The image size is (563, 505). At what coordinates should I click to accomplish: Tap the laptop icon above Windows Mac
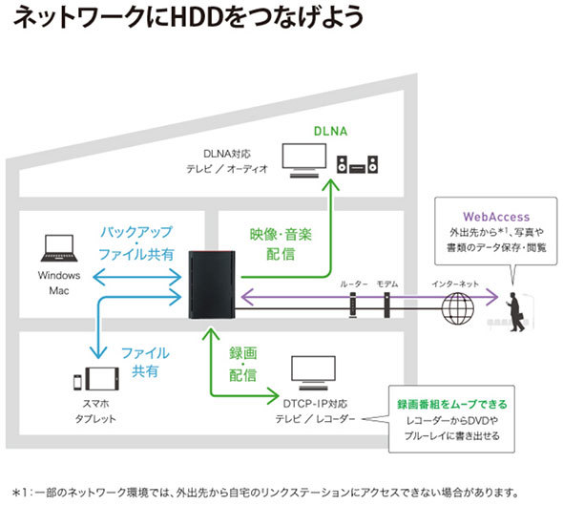click(x=59, y=250)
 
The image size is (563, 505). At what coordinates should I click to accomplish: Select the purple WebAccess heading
click(x=494, y=218)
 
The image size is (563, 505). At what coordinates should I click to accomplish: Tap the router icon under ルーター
click(x=353, y=305)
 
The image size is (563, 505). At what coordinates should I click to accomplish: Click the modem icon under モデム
click(x=386, y=305)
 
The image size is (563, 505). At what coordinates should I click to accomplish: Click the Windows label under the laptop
click(x=59, y=275)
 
